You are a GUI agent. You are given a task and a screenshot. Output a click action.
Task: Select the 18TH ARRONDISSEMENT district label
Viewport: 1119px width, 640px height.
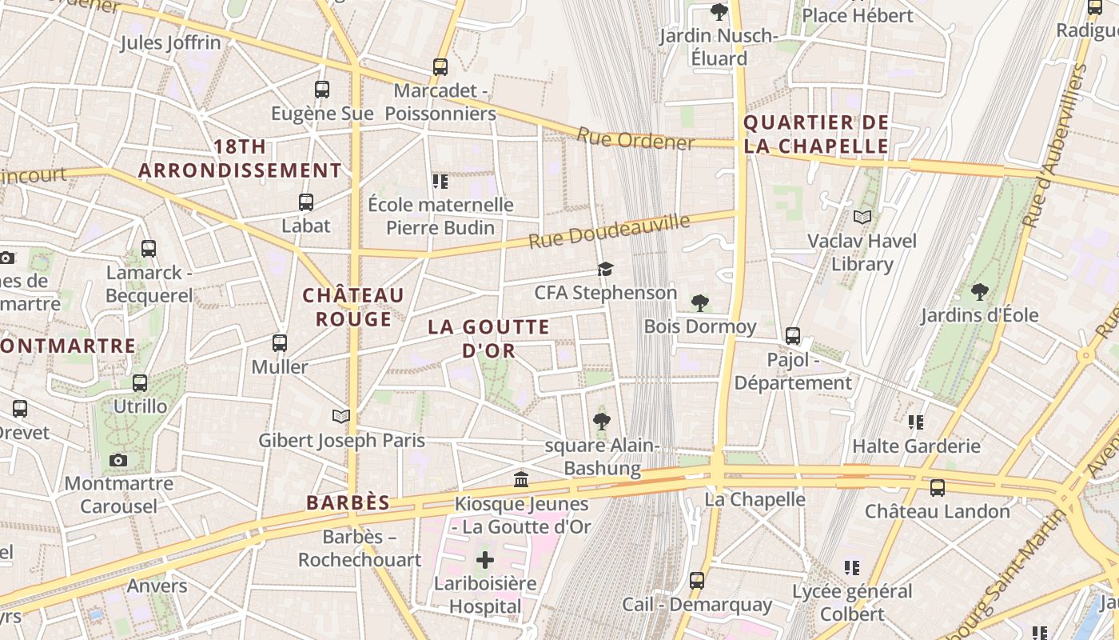click(x=240, y=158)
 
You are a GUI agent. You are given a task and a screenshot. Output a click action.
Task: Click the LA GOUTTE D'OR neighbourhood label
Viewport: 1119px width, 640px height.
click(x=488, y=338)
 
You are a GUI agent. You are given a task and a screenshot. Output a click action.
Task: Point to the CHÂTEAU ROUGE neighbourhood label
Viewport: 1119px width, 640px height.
click(x=353, y=307)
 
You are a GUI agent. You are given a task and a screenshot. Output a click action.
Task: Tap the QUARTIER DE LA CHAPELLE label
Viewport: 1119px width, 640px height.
click(x=815, y=134)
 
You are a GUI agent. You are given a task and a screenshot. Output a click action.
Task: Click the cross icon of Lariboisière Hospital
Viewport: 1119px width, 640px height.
click(x=485, y=560)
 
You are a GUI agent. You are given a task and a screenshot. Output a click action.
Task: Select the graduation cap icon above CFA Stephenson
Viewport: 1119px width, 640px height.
click(x=606, y=269)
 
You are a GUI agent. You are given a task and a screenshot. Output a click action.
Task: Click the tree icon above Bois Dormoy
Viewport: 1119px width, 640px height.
click(x=700, y=302)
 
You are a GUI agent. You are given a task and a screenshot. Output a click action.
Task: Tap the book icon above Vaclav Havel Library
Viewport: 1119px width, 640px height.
click(x=862, y=217)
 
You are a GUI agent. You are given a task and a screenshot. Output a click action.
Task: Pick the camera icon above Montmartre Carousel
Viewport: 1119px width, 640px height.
click(x=118, y=460)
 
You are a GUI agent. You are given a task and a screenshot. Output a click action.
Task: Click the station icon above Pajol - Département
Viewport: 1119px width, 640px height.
click(x=793, y=336)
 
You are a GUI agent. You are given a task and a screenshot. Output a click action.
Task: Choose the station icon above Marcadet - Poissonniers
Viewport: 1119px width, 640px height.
click(x=440, y=67)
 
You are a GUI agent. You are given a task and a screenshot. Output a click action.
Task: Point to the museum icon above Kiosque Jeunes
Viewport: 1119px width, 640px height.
click(x=521, y=479)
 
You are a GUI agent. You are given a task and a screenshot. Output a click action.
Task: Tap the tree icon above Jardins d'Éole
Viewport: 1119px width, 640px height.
click(x=980, y=291)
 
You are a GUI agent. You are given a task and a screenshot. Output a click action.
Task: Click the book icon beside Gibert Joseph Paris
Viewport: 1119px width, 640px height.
click(x=341, y=416)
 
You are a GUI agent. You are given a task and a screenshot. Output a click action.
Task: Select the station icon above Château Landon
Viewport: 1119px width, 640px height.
click(x=938, y=487)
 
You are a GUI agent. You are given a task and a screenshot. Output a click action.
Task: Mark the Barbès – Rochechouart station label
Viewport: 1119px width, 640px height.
click(x=360, y=548)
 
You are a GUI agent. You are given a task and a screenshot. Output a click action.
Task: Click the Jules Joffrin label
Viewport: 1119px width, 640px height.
click(x=170, y=42)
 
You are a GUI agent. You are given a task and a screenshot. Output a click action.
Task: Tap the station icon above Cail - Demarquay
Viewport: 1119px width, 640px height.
click(x=697, y=580)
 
